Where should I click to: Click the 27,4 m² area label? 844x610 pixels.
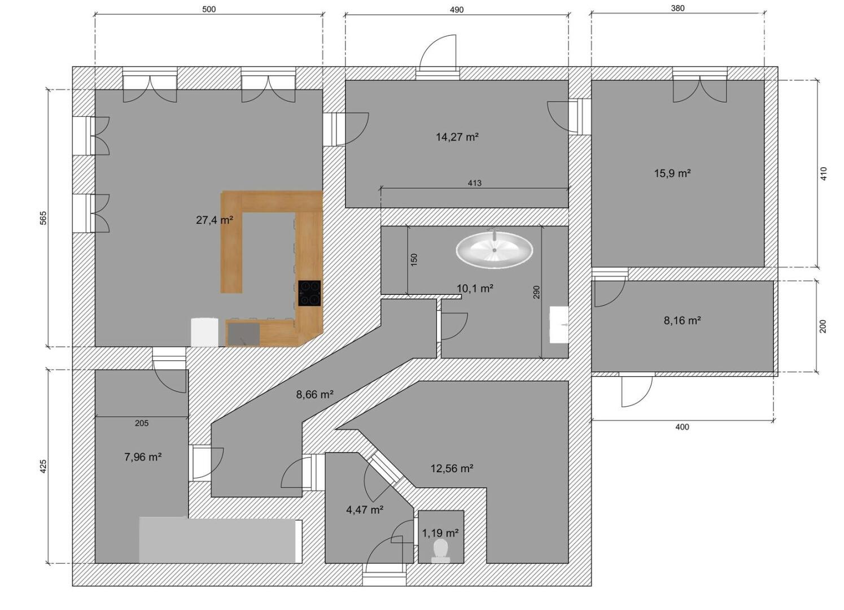point(215,220)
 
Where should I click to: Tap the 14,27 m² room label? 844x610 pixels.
point(457,137)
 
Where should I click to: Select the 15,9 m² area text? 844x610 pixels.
point(672,173)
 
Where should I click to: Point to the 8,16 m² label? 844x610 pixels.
point(682,320)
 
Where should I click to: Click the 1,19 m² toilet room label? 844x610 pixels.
point(440,533)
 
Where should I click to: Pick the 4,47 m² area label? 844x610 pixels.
point(365,509)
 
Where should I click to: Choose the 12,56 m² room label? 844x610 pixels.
point(452,468)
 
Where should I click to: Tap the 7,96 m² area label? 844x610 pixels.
point(143,457)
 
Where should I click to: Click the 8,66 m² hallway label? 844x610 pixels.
point(314,394)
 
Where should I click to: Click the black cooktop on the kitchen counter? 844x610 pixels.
point(309,293)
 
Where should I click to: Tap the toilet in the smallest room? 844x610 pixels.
point(440,551)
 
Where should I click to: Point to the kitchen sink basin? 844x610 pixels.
point(244,334)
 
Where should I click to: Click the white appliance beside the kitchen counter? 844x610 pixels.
point(204,332)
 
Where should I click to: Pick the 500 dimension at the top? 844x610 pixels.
point(209,9)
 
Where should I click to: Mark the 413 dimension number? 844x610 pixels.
point(474,183)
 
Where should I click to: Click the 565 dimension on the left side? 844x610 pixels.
point(43,218)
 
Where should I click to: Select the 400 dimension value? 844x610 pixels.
point(682,427)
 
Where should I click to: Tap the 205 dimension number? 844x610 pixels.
point(142,423)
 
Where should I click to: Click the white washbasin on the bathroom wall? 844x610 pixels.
point(559,325)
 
